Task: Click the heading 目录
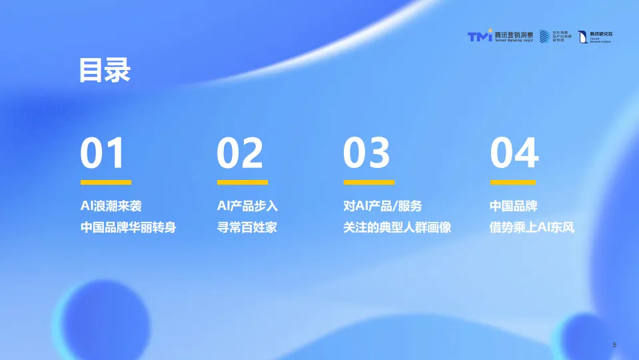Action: tap(105, 70)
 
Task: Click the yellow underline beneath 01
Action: tap(106, 182)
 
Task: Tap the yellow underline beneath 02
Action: tap(243, 182)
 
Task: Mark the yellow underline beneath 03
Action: tap(368, 182)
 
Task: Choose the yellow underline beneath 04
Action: tap(515, 182)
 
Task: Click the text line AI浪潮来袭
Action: tap(111, 206)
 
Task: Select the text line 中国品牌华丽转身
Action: tap(129, 227)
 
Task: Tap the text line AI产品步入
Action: tap(247, 206)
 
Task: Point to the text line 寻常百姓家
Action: tap(247, 227)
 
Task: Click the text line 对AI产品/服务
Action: tap(382, 206)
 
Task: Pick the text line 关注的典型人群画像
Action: tap(397, 227)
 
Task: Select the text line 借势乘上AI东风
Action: tap(532, 227)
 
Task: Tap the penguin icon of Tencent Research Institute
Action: tap(582, 37)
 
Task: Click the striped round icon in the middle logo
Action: tap(544, 36)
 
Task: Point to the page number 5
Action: tap(614, 345)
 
